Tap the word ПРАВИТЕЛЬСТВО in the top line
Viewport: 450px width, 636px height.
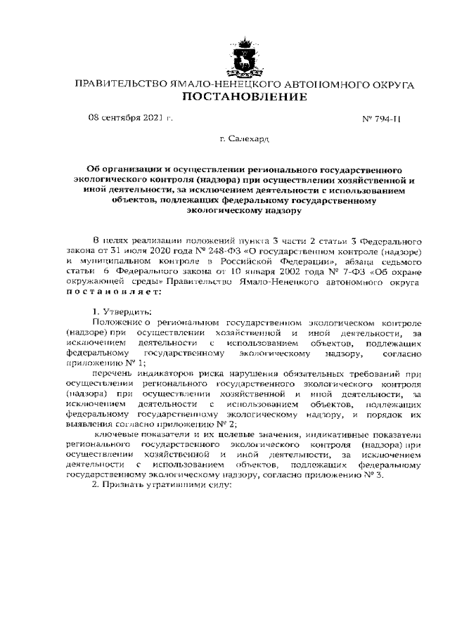(x=117, y=84)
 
